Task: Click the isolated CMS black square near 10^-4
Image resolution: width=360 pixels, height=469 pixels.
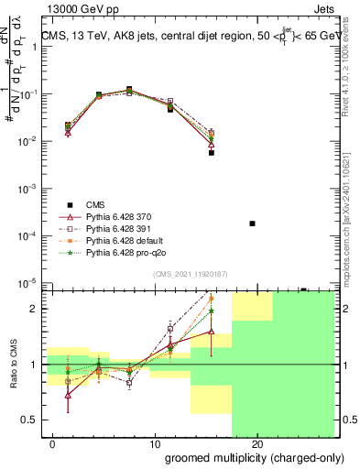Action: (252, 224)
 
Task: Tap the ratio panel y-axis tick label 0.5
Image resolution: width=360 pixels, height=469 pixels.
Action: (29, 420)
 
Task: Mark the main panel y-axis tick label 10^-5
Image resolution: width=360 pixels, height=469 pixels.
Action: (29, 283)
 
